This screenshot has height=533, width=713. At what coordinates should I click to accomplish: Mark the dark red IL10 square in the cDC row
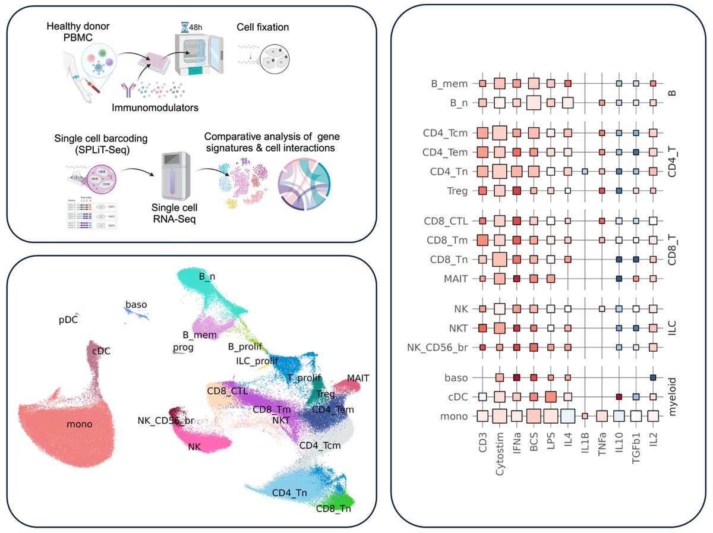[619, 396]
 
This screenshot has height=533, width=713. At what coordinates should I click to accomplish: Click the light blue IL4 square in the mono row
[567, 416]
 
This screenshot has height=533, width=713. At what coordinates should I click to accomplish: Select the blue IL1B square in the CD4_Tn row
[585, 172]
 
